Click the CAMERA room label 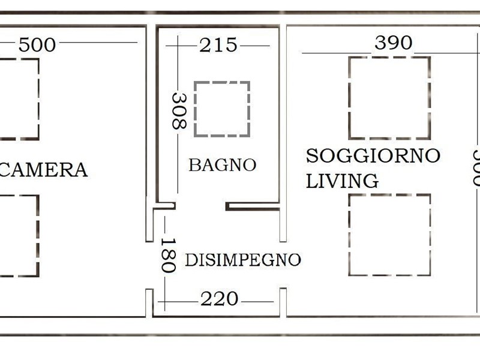[44, 170]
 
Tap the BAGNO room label [222, 165]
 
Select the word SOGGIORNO [373, 155]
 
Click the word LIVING [342, 181]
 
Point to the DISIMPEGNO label [243, 260]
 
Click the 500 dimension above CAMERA [37, 44]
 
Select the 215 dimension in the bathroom [218, 45]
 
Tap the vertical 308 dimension [179, 111]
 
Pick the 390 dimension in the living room [394, 43]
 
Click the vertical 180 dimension [169, 255]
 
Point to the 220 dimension [219, 299]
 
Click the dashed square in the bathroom [194, 109]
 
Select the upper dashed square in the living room [350, 98]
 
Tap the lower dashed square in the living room [350, 235]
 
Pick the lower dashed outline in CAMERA [38, 236]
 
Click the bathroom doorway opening [200, 206]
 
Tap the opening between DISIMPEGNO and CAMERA [149, 265]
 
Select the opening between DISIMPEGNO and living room [283, 265]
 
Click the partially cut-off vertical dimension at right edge [476, 168]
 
